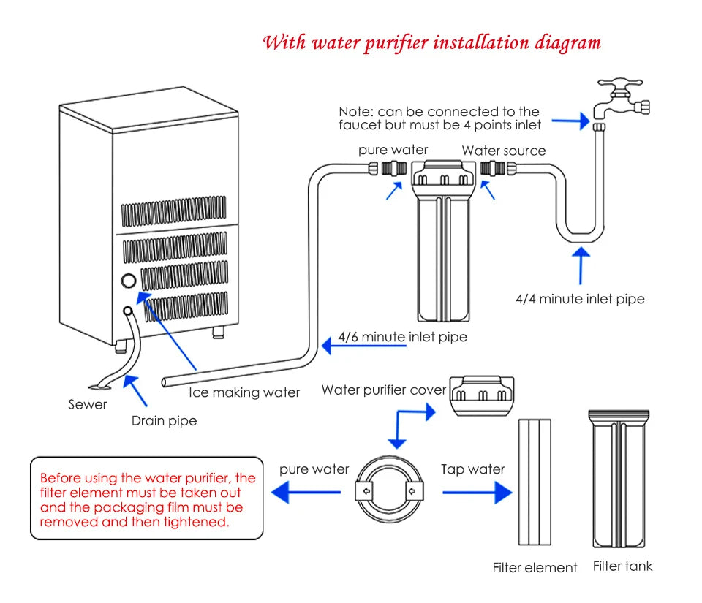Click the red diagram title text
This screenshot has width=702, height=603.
coord(431,42)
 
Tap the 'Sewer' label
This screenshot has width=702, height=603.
coord(88,404)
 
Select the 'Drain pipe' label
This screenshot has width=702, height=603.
coord(164,420)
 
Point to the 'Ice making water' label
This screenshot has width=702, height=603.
coord(244,392)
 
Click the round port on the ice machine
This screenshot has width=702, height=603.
coord(129,281)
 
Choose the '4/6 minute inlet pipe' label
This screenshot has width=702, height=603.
coord(402,337)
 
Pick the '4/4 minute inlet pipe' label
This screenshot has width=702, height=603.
coord(580,299)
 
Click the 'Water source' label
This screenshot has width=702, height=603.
coord(503,151)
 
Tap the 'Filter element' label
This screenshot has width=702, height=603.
coord(535,567)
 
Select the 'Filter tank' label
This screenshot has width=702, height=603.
coord(622,566)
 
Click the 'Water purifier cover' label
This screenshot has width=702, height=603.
coord(383,390)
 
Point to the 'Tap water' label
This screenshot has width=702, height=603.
coord(472,469)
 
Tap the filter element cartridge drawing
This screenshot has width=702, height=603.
coord(534,482)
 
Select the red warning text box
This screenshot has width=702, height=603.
coord(146,499)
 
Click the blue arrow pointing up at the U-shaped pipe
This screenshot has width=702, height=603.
coord(581,266)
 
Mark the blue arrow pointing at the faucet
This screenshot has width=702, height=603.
coord(570,121)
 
